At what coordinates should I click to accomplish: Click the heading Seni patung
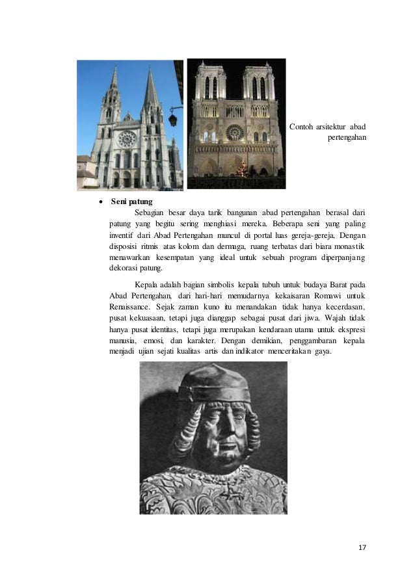click(132, 202)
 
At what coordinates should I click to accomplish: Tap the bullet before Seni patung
click(100, 202)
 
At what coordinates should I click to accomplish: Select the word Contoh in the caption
click(302, 125)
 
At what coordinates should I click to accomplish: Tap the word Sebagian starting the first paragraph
click(150, 213)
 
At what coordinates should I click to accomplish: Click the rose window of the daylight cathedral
click(127, 139)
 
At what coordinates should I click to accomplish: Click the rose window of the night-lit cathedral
click(235, 133)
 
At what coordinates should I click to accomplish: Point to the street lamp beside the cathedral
click(173, 119)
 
